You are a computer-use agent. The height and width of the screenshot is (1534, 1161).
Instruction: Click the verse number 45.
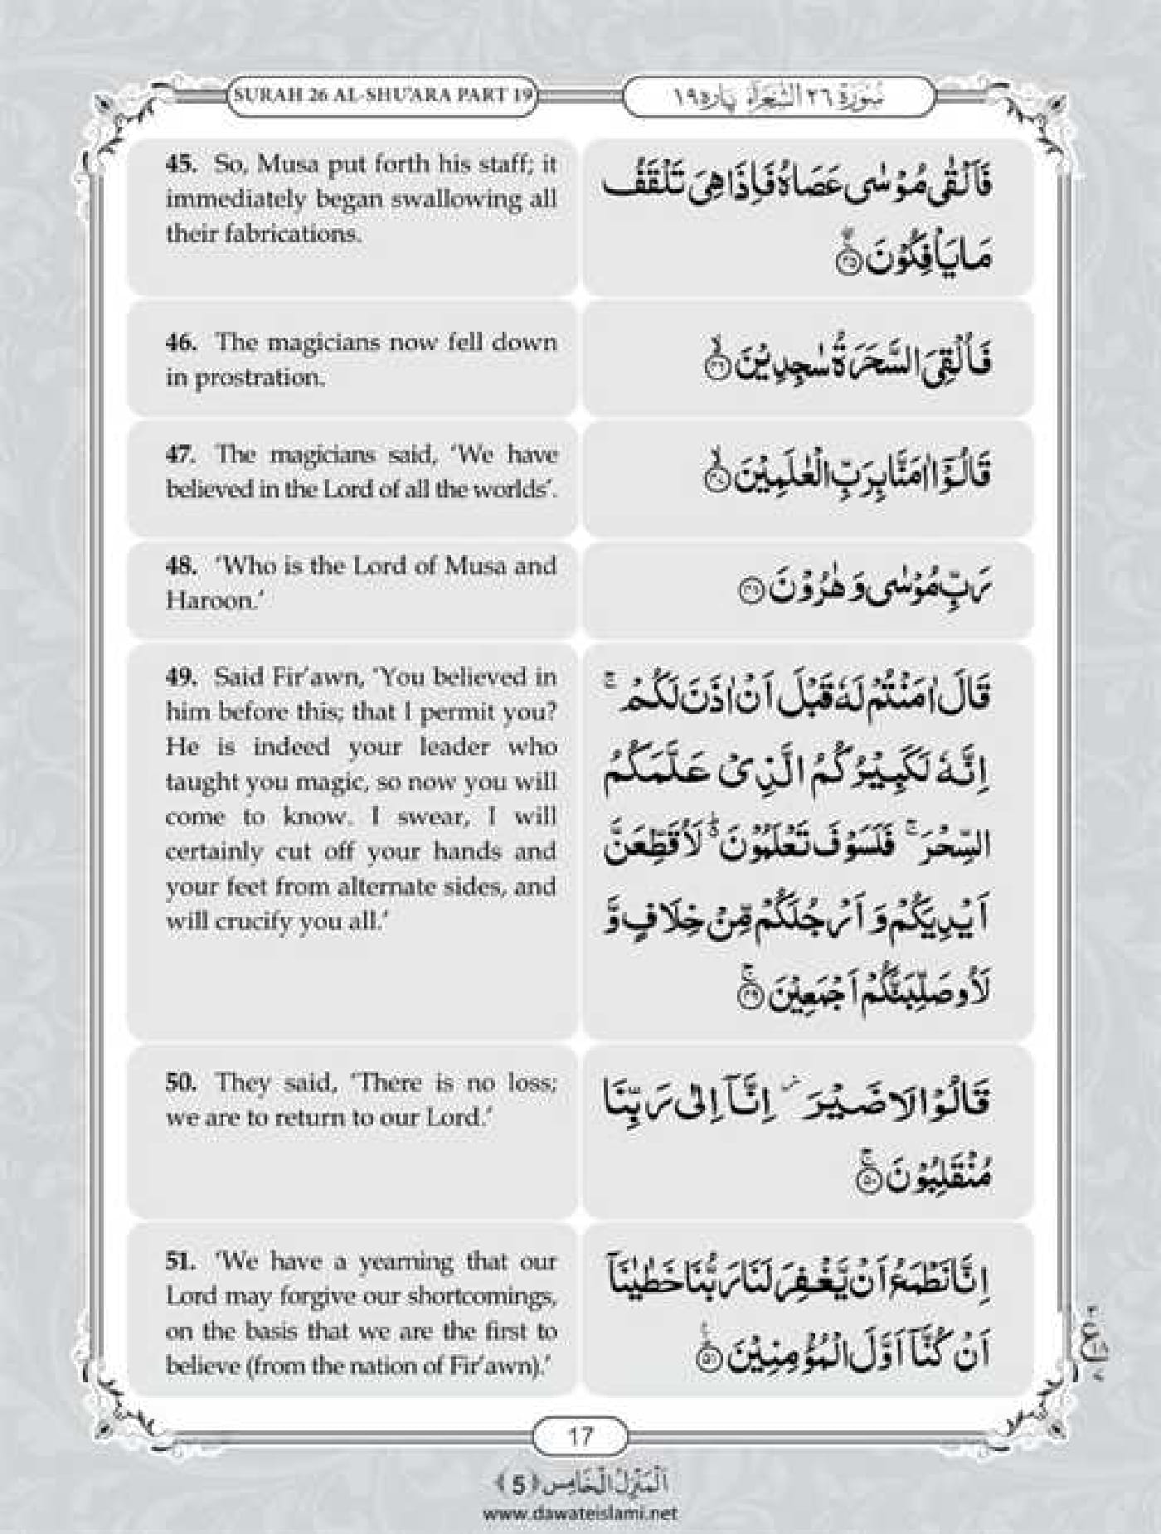(180, 163)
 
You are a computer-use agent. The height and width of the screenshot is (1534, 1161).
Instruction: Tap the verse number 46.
(180, 342)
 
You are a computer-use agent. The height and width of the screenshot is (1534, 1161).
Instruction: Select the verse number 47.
(180, 454)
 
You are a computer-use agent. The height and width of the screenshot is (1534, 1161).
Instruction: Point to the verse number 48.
(180, 566)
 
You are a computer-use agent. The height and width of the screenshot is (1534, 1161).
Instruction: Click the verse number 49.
(180, 677)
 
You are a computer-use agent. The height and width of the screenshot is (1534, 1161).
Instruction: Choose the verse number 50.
(180, 1082)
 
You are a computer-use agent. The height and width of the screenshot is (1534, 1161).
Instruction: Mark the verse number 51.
(180, 1262)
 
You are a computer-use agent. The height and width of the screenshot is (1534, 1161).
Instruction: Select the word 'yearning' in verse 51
(406, 1262)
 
